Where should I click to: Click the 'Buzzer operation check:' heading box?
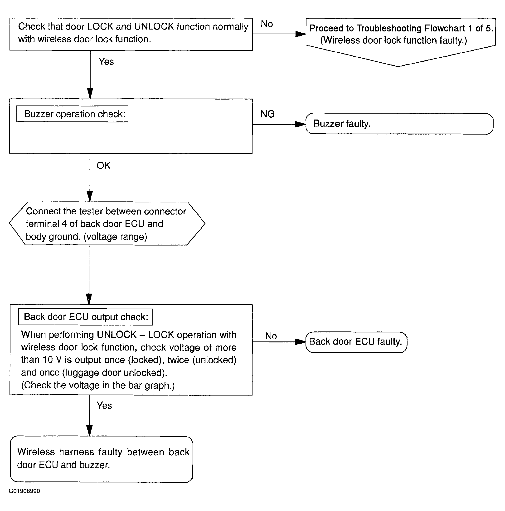pos(72,114)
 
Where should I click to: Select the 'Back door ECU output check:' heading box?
pos(85,317)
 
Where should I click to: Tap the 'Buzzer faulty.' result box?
pos(399,124)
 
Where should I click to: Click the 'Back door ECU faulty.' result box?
pos(356,342)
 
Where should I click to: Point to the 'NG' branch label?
pos(267,114)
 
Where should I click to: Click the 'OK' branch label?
pos(103,165)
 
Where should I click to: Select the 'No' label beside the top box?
pos(267,24)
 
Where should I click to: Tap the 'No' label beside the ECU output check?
pos(271,336)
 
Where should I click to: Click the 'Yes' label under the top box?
pos(106,62)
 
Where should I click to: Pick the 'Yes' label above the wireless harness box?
pos(104,406)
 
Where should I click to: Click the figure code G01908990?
pos(24,491)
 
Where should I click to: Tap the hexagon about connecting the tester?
pos(107,224)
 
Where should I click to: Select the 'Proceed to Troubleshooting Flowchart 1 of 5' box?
pos(401,42)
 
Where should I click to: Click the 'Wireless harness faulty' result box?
pos(102,459)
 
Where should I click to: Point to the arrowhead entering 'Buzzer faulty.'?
pos(301,124)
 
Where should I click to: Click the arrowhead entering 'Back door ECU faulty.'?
pos(301,342)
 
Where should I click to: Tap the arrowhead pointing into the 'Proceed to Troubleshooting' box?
pos(301,34)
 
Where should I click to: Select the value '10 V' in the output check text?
pos(52,360)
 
